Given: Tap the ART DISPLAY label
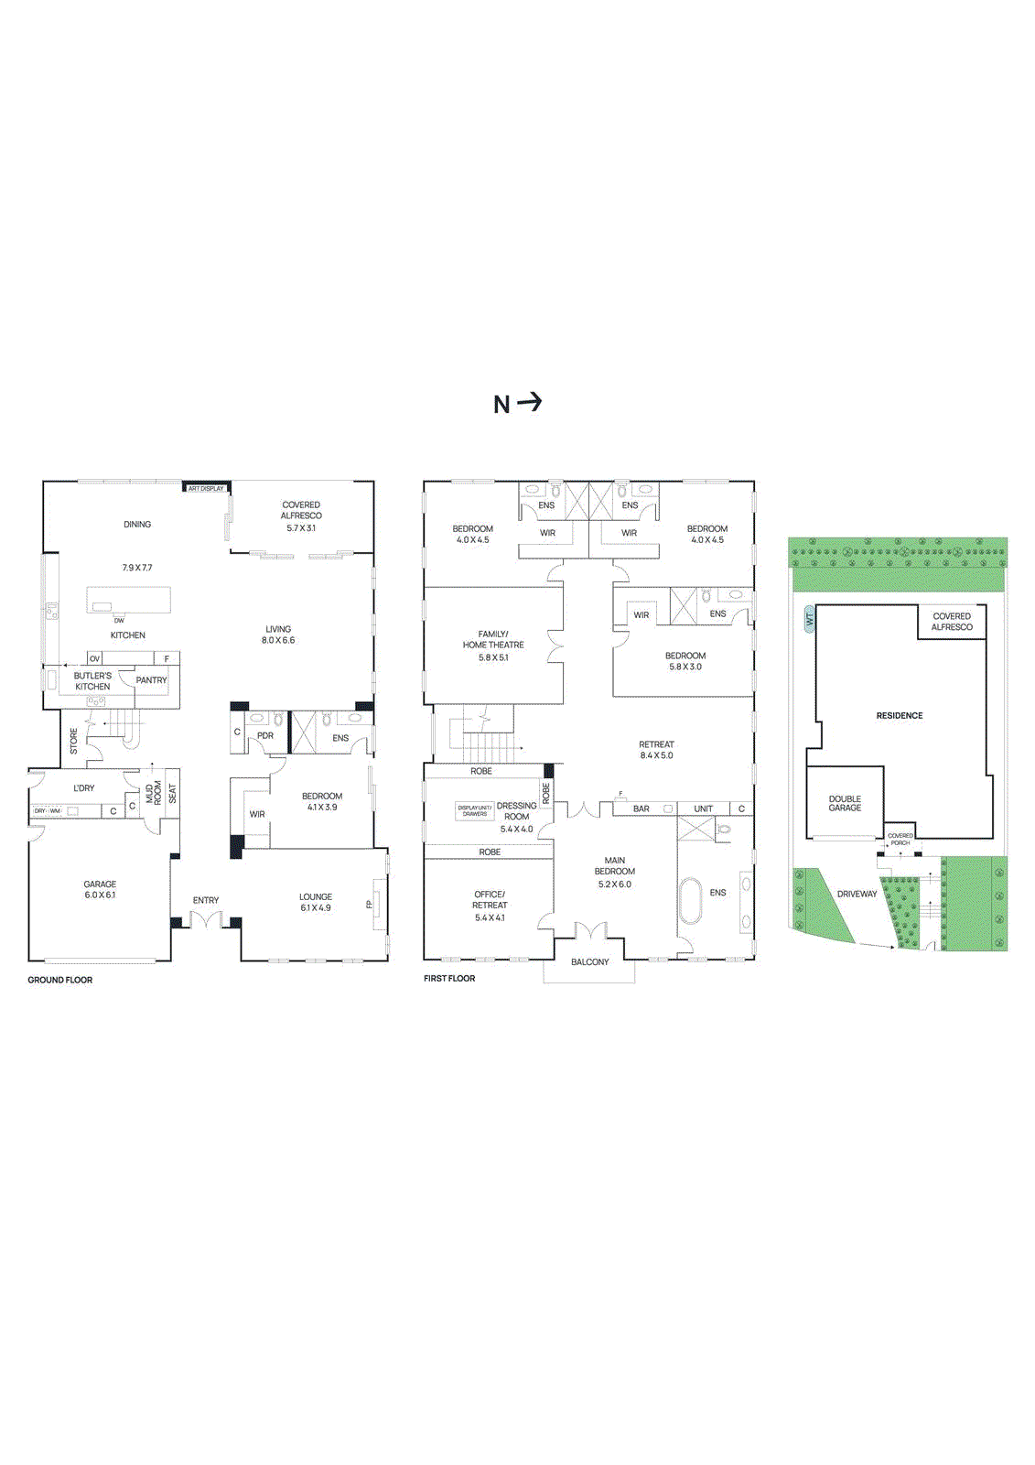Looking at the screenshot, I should coord(206,488).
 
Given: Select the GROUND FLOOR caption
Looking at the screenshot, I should coord(59,980).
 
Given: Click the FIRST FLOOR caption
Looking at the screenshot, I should coord(449,978).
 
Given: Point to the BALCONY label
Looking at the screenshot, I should coord(589,961).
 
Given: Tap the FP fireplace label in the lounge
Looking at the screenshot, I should coord(370,905).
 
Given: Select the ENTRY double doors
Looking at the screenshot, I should coord(206,918).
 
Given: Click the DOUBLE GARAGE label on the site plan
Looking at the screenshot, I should coord(845,803).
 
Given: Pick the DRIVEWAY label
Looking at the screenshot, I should coord(857,894).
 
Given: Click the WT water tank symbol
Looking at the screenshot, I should coord(809,620).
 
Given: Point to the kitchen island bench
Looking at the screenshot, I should coord(129,601).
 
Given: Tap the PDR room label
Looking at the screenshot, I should coord(265,735).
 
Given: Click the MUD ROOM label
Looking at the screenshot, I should coord(154,793).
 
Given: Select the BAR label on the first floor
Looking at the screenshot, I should coord(641,808).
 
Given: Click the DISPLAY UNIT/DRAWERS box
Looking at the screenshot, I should coord(475,810).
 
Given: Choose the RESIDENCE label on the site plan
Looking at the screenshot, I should coord(900,715).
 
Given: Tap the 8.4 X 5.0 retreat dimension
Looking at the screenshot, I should coord(656,755).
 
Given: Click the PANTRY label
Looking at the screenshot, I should coord(151,680).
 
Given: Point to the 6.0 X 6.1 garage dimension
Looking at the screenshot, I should coord(100,895).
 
